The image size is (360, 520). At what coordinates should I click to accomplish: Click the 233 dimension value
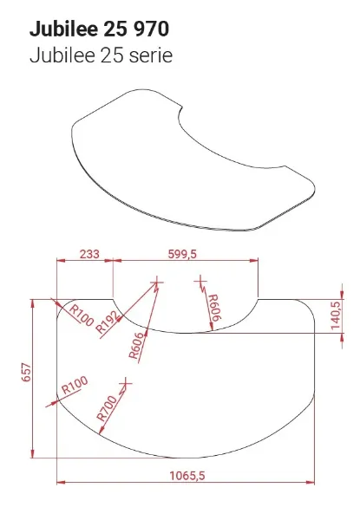[x=88, y=253]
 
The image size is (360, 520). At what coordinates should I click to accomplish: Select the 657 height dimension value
[x=27, y=373]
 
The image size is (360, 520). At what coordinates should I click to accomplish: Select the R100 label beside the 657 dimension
[x=75, y=384]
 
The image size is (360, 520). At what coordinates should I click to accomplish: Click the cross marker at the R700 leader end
[x=128, y=381]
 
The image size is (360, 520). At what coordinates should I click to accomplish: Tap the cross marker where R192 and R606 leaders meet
[x=157, y=280]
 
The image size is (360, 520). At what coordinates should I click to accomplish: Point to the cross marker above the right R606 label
[x=201, y=279]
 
